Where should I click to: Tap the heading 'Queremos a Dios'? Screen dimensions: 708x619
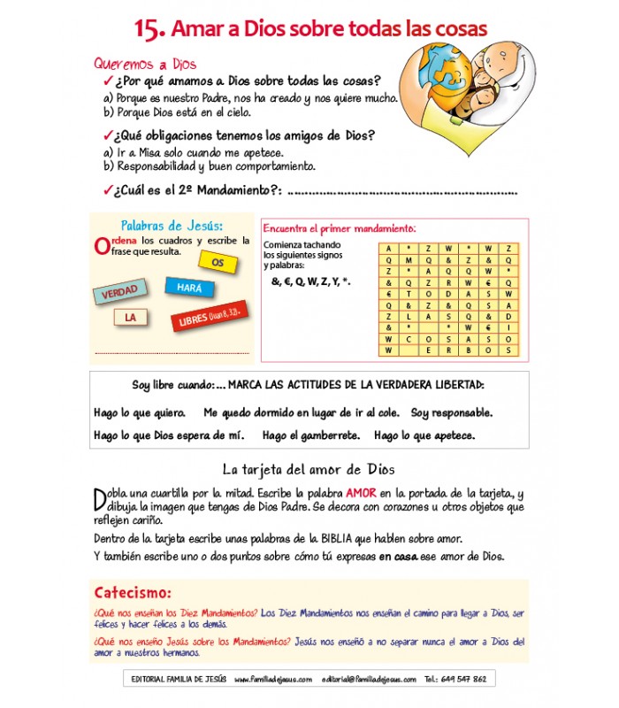[145, 64]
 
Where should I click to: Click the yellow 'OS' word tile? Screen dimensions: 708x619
[218, 263]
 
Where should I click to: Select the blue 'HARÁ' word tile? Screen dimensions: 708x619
[189, 288]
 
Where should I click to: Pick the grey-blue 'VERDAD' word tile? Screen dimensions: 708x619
[119, 292]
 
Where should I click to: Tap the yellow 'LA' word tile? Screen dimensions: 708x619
[130, 317]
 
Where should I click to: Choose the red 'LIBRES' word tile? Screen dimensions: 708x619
[209, 316]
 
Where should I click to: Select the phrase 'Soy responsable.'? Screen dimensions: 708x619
[451, 413]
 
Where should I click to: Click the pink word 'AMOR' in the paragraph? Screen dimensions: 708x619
[362, 493]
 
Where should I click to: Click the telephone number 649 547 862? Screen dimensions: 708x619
[464, 679]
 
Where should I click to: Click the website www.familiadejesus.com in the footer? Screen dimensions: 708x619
[273, 679]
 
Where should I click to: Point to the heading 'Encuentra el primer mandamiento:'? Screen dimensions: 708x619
[340, 227]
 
